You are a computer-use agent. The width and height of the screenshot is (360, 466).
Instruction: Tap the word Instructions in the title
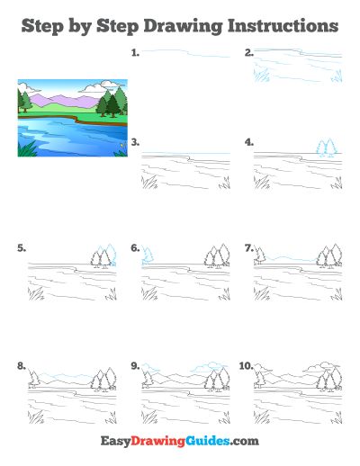(283, 26)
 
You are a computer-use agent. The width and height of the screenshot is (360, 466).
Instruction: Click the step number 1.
(135, 53)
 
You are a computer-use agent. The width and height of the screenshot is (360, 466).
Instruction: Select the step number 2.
(249, 53)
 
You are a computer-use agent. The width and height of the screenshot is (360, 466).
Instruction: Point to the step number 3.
(135, 142)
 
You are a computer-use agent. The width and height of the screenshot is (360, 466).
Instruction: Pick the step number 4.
(249, 142)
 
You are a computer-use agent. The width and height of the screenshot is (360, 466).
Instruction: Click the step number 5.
(22, 248)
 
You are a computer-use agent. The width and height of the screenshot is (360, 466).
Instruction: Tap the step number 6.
(135, 248)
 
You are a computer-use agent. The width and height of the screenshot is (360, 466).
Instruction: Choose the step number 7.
(249, 248)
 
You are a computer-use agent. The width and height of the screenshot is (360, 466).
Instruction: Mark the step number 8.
(22, 366)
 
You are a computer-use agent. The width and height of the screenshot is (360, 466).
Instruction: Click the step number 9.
(135, 366)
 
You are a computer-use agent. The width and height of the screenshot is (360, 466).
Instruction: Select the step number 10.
(247, 366)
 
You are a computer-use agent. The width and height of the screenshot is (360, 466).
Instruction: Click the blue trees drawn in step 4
(326, 148)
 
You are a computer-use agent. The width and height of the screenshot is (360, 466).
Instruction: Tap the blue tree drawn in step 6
(148, 255)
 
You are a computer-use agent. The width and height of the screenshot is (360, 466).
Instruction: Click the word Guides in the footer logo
(207, 441)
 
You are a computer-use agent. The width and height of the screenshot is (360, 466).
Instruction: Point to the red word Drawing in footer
(157, 442)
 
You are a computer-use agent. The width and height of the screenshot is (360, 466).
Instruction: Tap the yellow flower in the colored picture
(122, 145)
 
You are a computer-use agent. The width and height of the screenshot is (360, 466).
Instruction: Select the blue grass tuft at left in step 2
(261, 75)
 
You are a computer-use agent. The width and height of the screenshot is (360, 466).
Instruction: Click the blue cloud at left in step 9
(151, 368)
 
